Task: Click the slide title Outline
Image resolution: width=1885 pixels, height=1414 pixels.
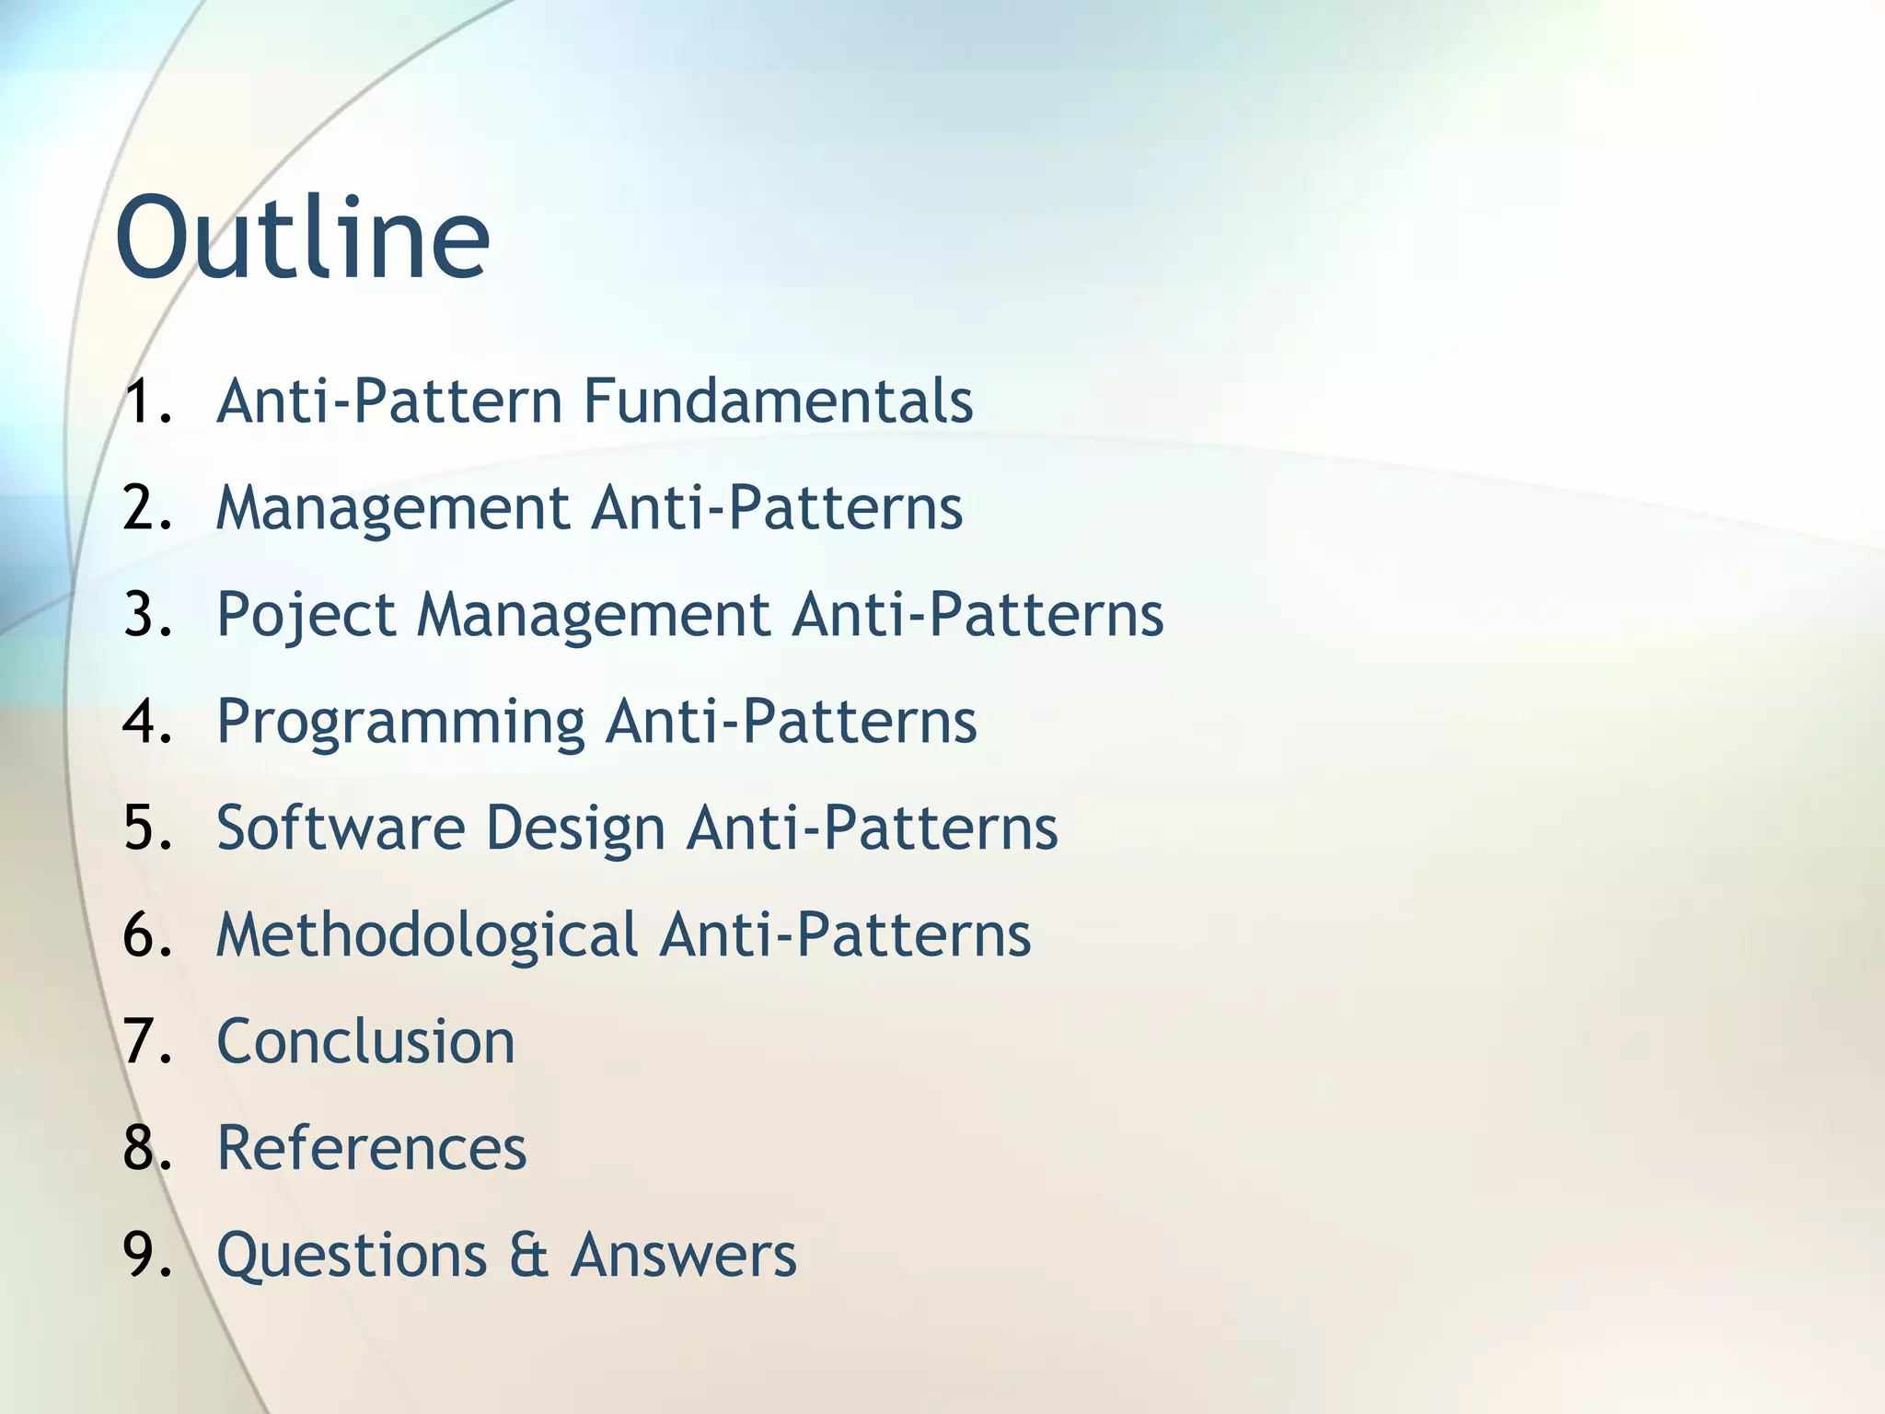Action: [302, 238]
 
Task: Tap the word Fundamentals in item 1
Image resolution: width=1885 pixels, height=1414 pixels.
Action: [778, 401]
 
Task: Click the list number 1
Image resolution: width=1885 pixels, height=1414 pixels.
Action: [147, 401]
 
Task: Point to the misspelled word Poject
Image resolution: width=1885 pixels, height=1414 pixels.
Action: [306, 615]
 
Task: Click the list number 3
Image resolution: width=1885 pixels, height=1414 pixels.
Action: [147, 615]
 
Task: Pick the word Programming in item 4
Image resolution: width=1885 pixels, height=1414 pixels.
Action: [400, 722]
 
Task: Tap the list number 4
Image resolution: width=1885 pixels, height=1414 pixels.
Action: [147, 722]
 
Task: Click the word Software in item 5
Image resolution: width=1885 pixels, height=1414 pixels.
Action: [341, 828]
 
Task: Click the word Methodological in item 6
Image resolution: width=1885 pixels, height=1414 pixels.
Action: [426, 934]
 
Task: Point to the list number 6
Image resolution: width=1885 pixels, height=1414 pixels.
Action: [147, 934]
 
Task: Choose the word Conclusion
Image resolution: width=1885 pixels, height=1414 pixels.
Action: [365, 1041]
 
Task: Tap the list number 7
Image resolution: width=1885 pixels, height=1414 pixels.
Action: [147, 1041]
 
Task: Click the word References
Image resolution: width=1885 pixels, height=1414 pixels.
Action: [371, 1148]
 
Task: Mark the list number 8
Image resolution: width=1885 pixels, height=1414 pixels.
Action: [147, 1148]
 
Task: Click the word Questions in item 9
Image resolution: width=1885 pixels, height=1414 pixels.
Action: [352, 1255]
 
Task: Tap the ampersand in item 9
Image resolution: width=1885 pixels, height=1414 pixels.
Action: [528, 1255]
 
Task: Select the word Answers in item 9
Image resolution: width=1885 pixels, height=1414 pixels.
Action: [683, 1255]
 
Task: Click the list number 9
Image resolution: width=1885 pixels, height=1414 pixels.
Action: [147, 1255]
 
